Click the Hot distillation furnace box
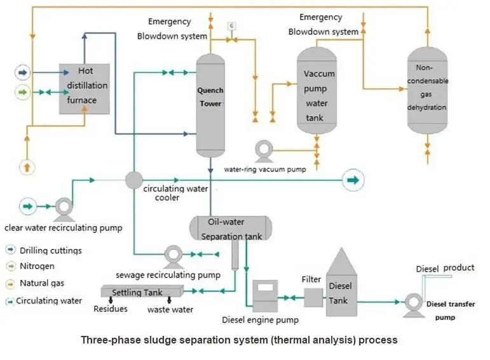pos(85,88)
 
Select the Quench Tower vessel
pos(210,105)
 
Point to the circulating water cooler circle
pos(133,180)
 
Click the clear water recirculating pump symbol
pos(62,206)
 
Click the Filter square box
pos(313,297)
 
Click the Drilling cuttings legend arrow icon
pos(11,250)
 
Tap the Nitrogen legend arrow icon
pos(11,266)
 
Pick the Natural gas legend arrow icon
pos(11,283)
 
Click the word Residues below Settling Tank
pos(111,309)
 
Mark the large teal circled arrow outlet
pos(352,181)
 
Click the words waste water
pos(170,310)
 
